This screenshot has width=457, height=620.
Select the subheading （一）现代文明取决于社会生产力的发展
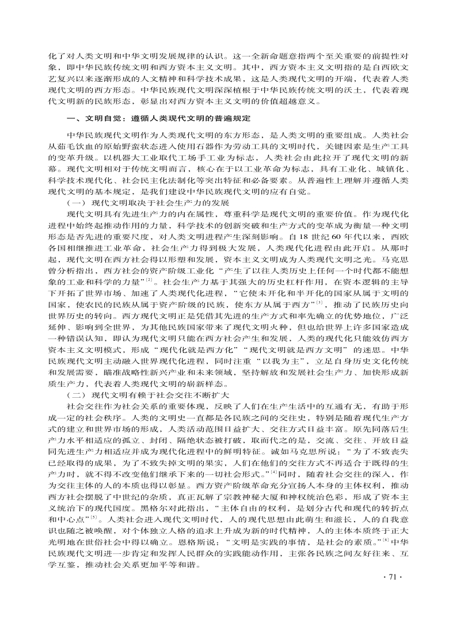(x=148, y=204)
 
